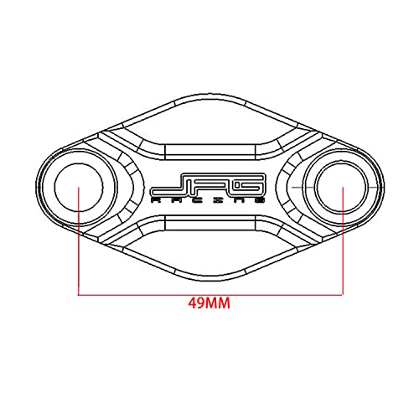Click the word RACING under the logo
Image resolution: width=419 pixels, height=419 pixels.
(209, 201)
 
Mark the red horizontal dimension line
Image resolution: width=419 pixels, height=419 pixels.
(209, 293)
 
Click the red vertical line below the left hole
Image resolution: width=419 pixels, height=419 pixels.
(77, 251)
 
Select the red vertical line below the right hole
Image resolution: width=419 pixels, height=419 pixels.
(342, 251)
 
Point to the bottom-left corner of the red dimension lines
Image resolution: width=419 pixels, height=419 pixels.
(77, 293)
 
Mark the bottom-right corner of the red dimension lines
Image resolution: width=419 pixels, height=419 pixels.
(342, 293)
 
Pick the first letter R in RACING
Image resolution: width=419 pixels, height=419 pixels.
(156, 201)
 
